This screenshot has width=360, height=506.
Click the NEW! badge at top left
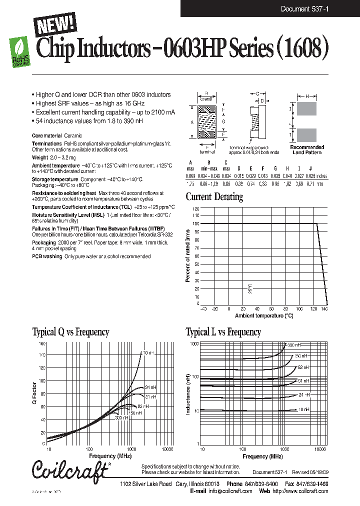pos(54,24)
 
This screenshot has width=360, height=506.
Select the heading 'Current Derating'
pos(214,196)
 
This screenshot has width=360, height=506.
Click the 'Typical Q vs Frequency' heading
pos(70,332)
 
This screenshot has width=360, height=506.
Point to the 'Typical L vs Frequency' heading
pos(223,332)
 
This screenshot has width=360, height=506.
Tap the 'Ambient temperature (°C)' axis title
pos(263,315)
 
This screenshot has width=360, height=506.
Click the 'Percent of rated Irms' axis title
pos(188,255)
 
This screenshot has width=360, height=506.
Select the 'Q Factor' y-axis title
pos(35,394)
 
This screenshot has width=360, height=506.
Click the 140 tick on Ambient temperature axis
pos(324,309)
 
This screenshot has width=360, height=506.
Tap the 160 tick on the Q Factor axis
pos(41,344)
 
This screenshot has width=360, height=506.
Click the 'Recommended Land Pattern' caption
pos(307,149)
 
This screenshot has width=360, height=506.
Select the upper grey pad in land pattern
pos(306,109)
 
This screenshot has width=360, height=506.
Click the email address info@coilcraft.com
pos(229,491)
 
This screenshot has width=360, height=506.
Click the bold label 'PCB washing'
pos(47,256)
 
